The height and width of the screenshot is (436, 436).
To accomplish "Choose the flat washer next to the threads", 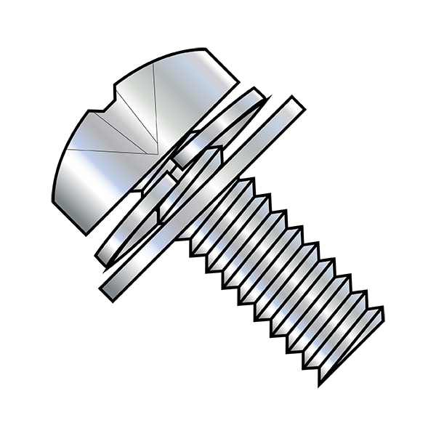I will point(203,196).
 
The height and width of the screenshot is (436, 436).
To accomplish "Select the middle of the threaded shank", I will point(283,276).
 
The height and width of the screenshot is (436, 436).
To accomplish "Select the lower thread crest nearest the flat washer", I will point(193,251).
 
